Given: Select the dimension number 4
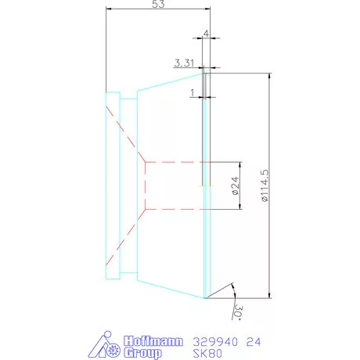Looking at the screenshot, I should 206,34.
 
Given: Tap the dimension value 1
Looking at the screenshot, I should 192,92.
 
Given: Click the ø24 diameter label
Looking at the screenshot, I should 234,185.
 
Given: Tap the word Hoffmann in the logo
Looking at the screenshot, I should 153,341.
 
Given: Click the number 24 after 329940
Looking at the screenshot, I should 254,341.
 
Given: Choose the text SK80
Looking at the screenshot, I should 206,353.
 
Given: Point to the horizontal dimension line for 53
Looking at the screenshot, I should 157,12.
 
